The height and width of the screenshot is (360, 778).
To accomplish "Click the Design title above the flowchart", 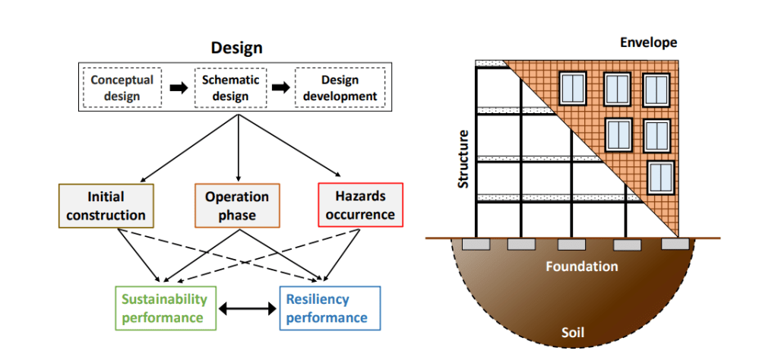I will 236,48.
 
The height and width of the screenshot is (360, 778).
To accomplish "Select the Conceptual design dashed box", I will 122,88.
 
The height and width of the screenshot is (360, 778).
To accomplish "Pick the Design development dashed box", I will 339,88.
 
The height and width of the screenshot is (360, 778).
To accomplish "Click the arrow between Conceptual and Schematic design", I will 178,88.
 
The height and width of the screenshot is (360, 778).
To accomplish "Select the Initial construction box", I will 106,206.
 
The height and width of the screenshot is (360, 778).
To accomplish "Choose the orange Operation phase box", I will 237,206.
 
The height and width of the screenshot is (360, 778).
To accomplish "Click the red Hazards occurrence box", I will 359,206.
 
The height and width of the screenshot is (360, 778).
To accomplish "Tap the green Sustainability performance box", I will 165,308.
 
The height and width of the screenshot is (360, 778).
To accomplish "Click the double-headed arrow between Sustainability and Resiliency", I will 247,308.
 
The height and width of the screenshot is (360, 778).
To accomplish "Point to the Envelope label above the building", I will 648,43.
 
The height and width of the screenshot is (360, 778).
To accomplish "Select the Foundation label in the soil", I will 581,267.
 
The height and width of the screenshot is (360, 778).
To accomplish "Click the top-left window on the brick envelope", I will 573,89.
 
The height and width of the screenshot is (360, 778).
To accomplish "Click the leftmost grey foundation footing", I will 476,244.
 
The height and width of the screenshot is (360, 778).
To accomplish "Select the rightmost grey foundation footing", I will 675,244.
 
